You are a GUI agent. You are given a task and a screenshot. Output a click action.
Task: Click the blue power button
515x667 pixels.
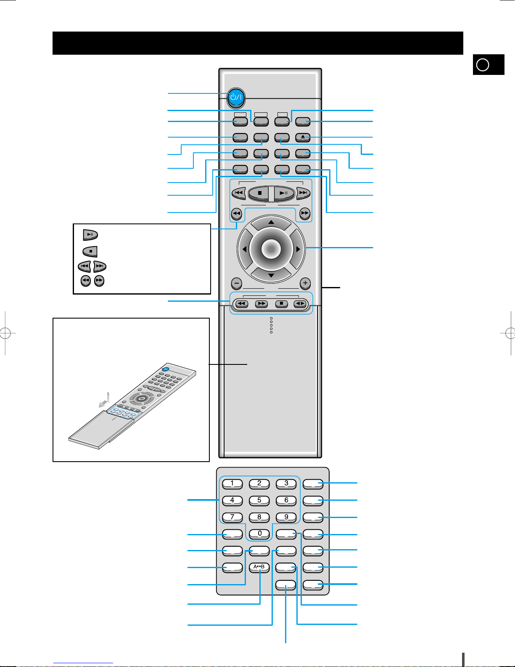tap(236, 97)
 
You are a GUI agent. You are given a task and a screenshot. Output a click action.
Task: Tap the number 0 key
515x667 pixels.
tap(259, 534)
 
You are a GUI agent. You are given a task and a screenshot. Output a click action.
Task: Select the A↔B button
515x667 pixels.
tap(259, 567)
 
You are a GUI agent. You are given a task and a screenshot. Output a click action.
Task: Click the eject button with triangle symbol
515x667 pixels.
tap(303, 137)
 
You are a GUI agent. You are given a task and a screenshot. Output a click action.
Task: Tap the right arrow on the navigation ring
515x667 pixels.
tap(298, 249)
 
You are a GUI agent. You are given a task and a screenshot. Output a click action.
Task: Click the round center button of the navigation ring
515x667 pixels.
tap(271, 249)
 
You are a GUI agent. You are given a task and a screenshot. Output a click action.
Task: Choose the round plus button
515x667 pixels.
tap(305, 283)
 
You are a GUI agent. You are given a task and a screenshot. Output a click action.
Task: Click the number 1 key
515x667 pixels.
tap(232, 483)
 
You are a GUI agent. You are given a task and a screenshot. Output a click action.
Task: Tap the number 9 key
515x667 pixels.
tap(286, 517)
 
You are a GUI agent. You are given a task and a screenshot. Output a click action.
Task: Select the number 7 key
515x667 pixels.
tap(232, 517)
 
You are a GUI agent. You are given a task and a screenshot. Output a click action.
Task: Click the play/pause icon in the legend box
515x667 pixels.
tap(90, 234)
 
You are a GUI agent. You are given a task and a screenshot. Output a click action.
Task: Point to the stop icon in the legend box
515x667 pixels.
tap(90, 251)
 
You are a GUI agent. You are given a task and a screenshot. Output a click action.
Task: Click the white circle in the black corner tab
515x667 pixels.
tap(483, 65)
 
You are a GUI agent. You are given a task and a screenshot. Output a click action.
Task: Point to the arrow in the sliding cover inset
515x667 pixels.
tap(104, 401)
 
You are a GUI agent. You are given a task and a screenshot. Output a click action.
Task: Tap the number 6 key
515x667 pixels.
tap(286, 500)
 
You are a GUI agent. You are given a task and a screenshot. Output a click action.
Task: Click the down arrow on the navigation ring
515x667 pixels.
tap(271, 276)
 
